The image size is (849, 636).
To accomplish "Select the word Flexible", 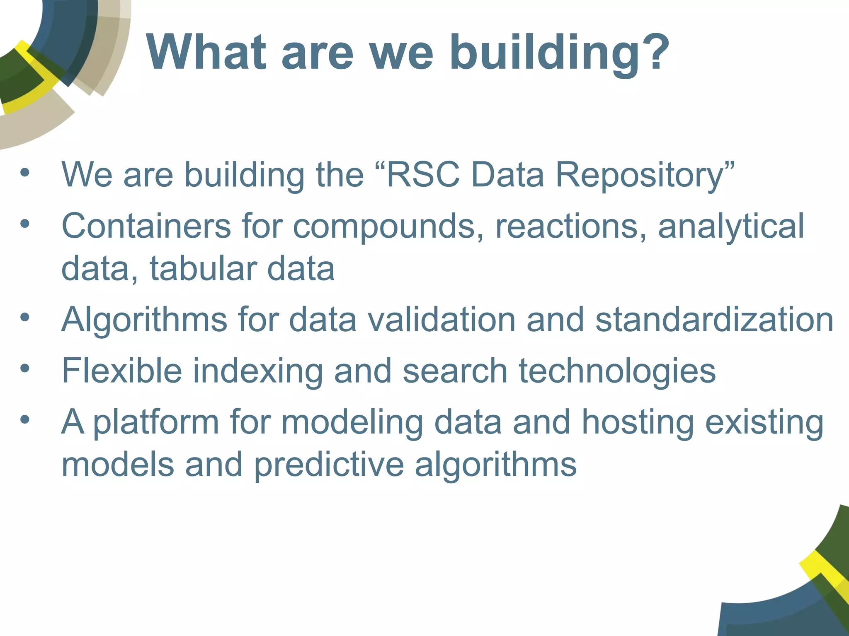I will (x=121, y=370).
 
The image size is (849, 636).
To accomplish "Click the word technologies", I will (x=617, y=371).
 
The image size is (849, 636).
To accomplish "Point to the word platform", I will (x=155, y=423).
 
